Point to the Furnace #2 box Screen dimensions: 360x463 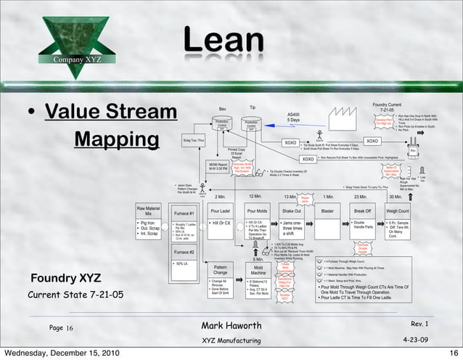coord(184,252)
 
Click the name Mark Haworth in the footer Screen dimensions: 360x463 coord(230,325)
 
